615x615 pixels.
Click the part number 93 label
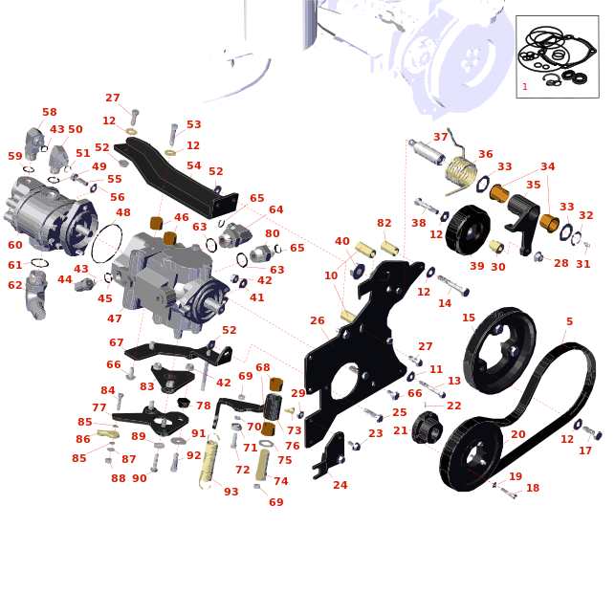[231, 491]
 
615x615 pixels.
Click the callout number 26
[318, 320]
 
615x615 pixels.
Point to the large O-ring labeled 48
[106, 244]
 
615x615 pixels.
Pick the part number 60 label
[15, 245]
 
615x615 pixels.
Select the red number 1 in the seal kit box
[525, 86]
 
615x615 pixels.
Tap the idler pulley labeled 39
[468, 230]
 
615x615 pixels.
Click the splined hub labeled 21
[428, 428]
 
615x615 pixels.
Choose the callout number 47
[114, 318]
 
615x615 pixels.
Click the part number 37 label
[441, 137]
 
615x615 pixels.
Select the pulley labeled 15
[499, 350]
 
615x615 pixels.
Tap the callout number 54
[194, 165]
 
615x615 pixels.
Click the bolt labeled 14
[453, 285]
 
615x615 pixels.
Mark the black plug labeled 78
[184, 403]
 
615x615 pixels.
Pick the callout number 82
[384, 223]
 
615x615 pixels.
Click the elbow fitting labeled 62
[36, 296]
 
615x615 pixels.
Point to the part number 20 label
[518, 434]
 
